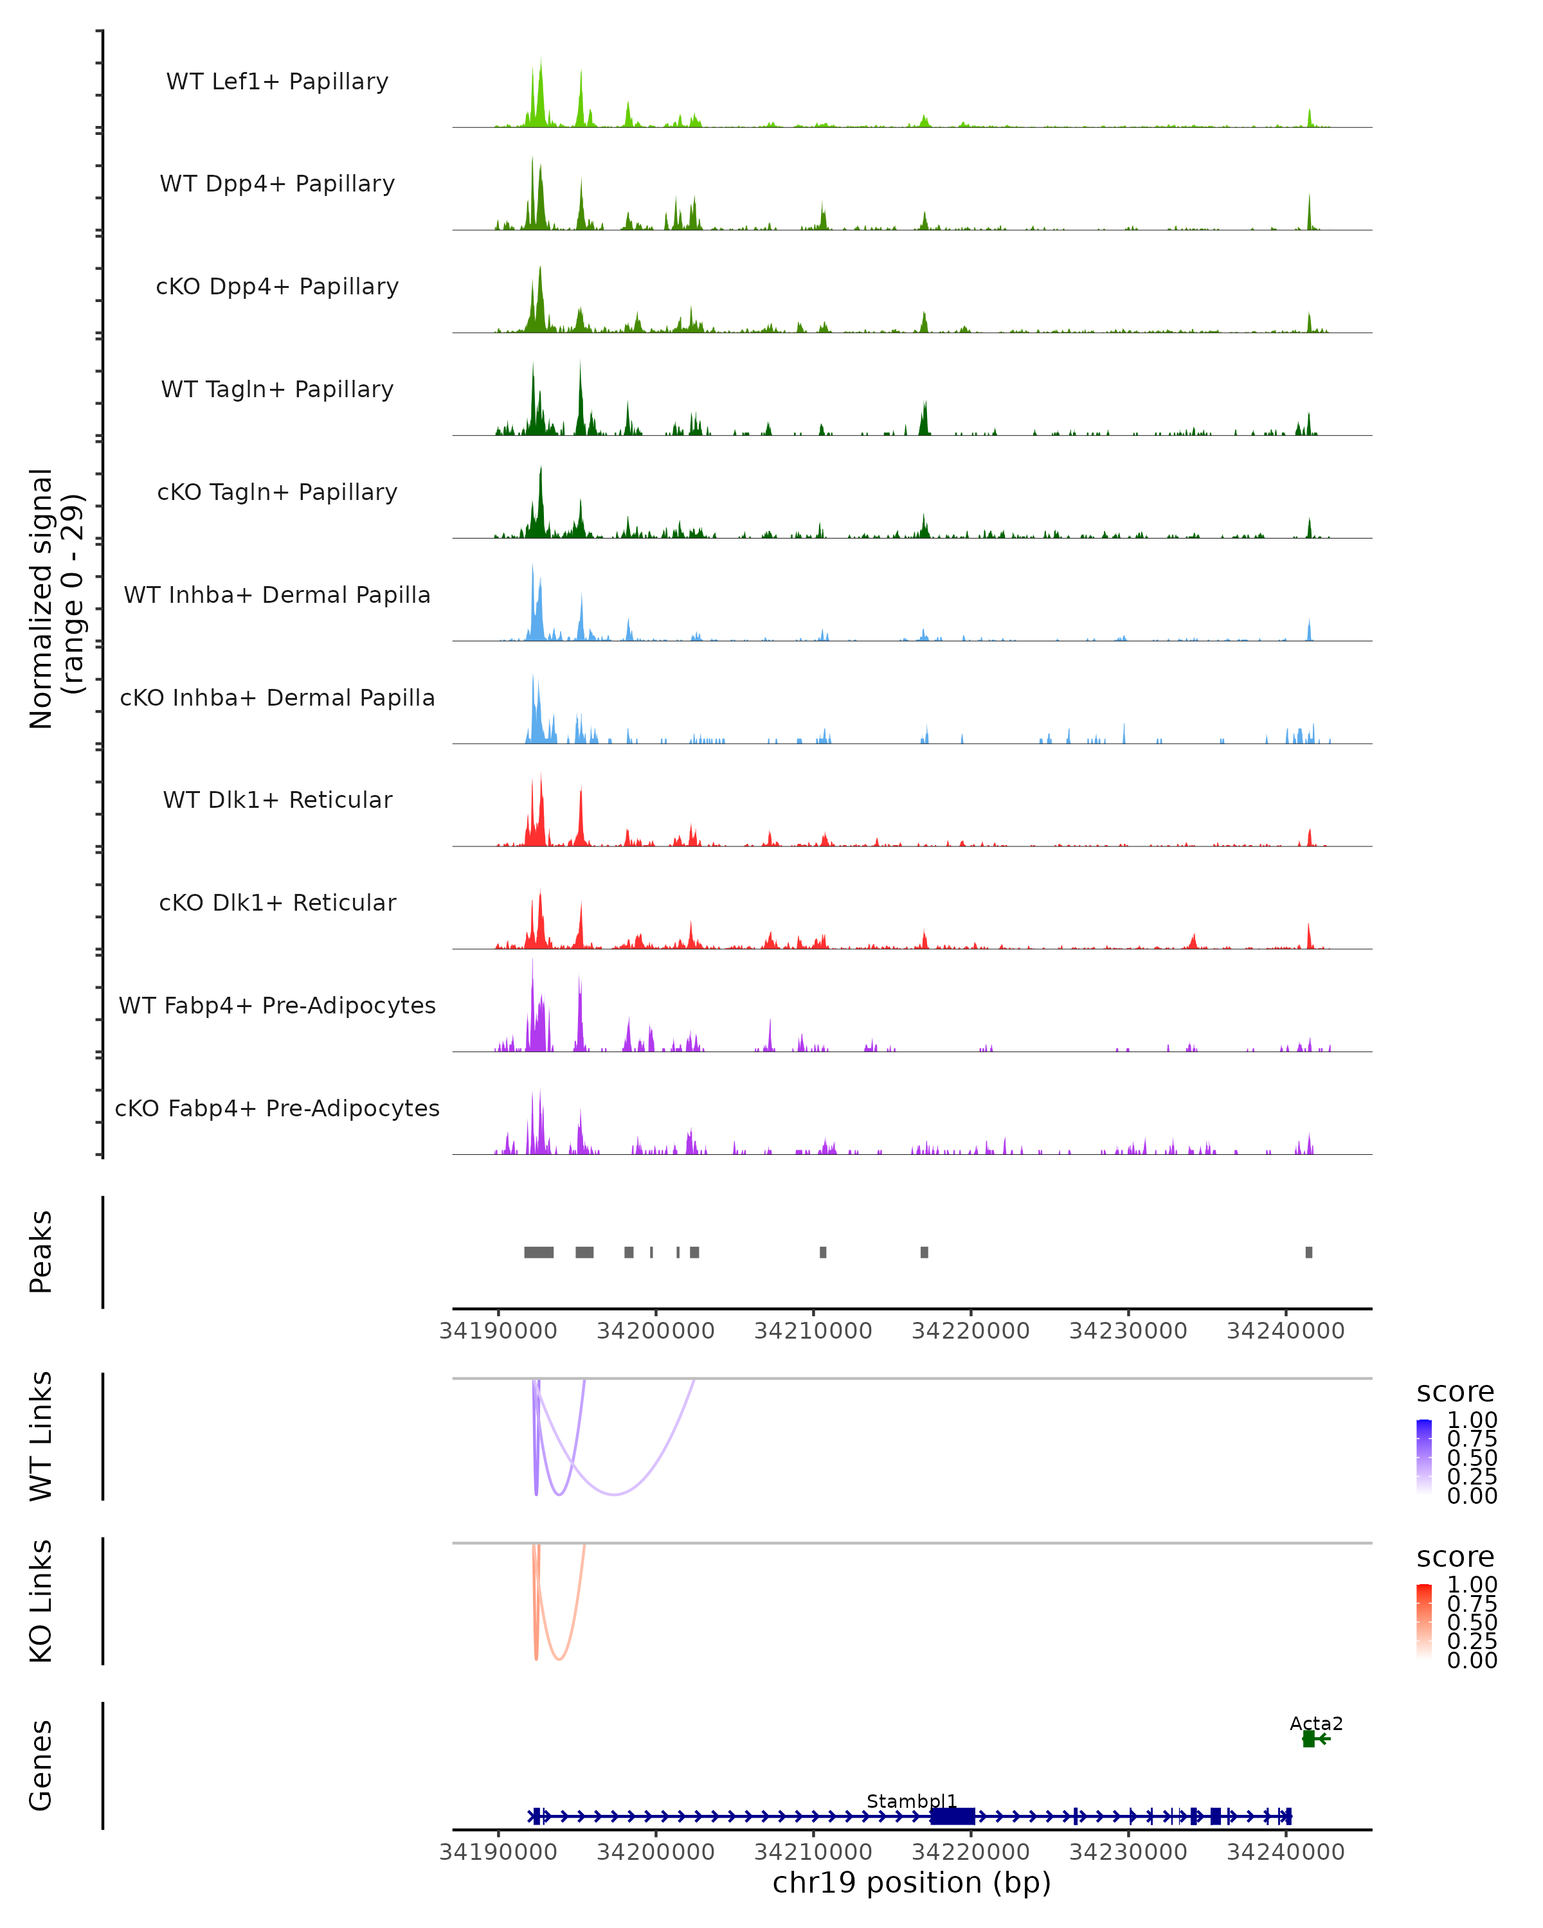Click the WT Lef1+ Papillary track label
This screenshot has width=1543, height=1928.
click(277, 82)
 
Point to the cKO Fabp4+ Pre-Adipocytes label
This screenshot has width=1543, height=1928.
click(277, 1108)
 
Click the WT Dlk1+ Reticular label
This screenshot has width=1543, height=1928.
click(277, 799)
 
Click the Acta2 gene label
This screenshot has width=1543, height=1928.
click(1316, 1723)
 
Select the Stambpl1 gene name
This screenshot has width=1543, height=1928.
click(912, 1801)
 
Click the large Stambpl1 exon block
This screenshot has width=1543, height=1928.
click(953, 1816)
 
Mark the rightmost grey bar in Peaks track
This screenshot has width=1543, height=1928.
click(1308, 1252)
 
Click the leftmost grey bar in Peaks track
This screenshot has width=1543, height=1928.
click(539, 1252)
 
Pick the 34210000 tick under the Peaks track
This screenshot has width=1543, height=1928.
click(813, 1331)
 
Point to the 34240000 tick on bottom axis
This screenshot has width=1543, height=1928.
click(1285, 1852)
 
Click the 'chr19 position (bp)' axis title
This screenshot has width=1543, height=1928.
click(912, 1883)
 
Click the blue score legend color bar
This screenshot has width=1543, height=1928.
click(1424, 1456)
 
